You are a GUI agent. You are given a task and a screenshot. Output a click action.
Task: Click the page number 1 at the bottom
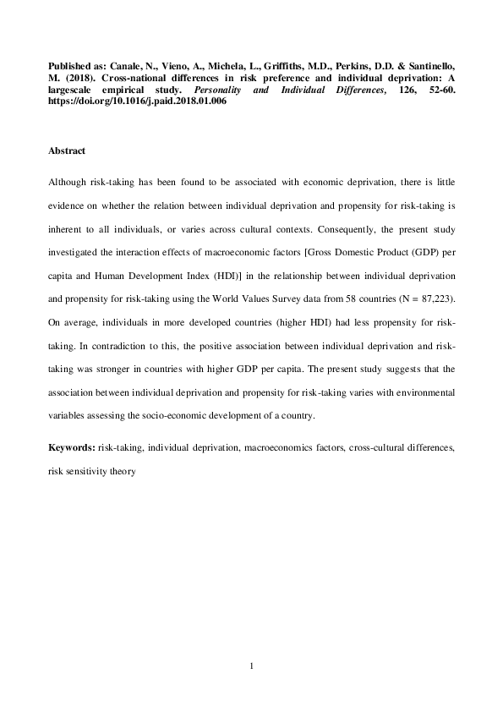coord(252,666)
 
